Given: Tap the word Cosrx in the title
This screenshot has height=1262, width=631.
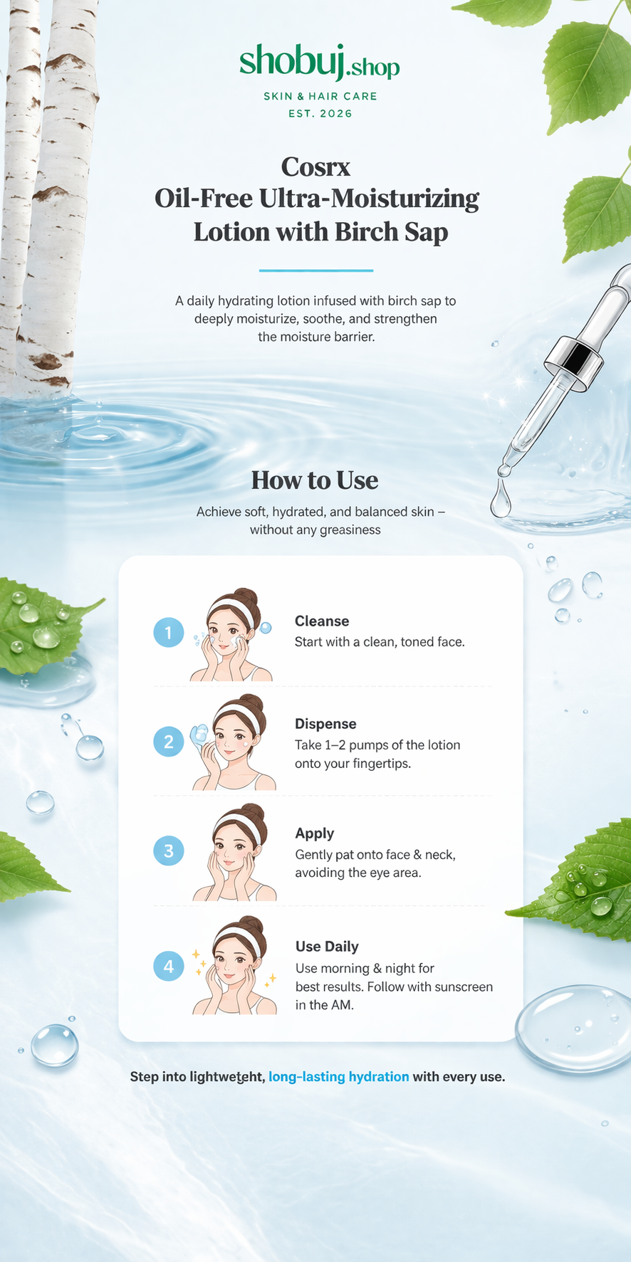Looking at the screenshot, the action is pyautogui.click(x=315, y=167).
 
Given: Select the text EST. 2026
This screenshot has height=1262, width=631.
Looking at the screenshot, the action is pyautogui.click(x=320, y=114).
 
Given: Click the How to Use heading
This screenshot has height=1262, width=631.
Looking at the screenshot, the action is pyautogui.click(x=315, y=480).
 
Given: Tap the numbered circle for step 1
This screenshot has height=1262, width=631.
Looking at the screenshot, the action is pyautogui.click(x=169, y=632).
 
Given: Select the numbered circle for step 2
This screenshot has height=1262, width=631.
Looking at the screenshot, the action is pyautogui.click(x=169, y=742).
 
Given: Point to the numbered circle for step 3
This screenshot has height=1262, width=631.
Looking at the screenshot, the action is pyautogui.click(x=169, y=851).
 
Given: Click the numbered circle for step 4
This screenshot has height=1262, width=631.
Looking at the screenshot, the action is pyautogui.click(x=169, y=966).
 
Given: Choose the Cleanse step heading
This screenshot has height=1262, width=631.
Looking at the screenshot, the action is pyautogui.click(x=322, y=621).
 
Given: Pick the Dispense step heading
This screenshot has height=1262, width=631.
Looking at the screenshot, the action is pyautogui.click(x=325, y=724).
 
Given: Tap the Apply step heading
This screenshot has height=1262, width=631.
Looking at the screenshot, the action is pyautogui.click(x=315, y=834).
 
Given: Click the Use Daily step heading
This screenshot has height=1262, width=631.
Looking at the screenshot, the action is pyautogui.click(x=327, y=947).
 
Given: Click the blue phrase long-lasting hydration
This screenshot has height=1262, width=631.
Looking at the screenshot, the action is pyautogui.click(x=339, y=1077).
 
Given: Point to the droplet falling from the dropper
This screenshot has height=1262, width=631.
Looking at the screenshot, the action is pyautogui.click(x=501, y=498).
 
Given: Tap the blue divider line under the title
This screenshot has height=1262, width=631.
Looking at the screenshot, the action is pyautogui.click(x=316, y=270).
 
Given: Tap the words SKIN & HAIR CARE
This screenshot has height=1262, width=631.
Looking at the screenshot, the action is pyautogui.click(x=320, y=96).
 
